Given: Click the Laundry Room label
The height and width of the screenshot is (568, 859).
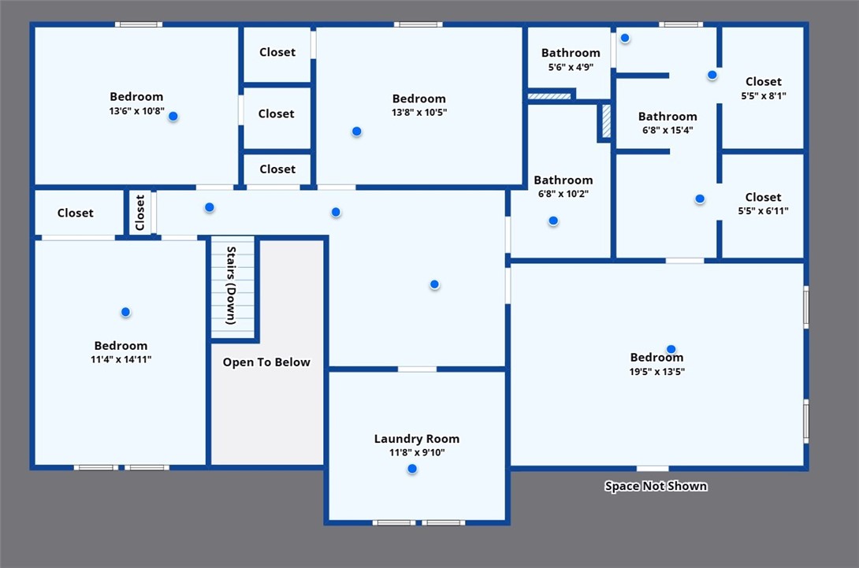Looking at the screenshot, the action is pos(417,439).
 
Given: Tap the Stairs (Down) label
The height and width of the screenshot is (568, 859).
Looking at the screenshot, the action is pos(231,285).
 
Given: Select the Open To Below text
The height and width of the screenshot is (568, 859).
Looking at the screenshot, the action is pos(266,362).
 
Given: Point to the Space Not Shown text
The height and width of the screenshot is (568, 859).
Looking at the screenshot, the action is pos(656,486).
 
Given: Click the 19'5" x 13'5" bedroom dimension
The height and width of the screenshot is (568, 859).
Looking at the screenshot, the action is pos(656,371).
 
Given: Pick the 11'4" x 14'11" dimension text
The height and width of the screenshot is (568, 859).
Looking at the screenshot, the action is pos(121,359).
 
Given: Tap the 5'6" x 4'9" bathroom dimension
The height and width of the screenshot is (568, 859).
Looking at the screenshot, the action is pos(571,67).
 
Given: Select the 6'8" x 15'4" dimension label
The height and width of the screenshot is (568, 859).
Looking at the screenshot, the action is pos(667,130).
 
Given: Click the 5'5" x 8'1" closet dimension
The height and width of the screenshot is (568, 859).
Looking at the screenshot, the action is pos(764,95).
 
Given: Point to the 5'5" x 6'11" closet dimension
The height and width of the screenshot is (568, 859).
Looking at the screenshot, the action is pos(763,210).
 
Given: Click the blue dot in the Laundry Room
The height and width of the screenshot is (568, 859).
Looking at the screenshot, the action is pos(412,469).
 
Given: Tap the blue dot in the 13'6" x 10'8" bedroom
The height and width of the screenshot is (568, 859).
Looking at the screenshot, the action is pos(173,116).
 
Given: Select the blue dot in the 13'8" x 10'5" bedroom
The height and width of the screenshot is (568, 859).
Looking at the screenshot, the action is pos(357,132).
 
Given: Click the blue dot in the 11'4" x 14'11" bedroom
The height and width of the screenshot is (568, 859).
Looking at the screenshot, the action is pos(125,312).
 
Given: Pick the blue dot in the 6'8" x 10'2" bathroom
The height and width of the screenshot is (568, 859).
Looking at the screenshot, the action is pos(553,221).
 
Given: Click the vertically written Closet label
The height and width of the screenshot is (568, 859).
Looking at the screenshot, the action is pos(139,213).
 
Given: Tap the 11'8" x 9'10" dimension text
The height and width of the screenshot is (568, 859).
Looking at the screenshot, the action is pos(417,452).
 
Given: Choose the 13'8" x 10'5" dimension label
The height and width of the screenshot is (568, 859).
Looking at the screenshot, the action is pos(419,113).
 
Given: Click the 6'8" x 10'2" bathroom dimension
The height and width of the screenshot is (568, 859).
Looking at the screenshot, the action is pos(563,193).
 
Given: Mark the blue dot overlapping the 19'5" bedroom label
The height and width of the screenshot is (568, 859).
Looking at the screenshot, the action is pos(671,350).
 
